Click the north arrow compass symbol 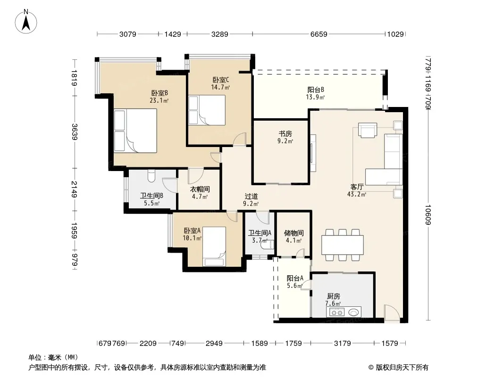pyautogui.click(x=26, y=22)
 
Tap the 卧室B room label pyautogui.click(x=159, y=93)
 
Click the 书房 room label pyautogui.click(x=285, y=133)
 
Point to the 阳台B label pyautogui.click(x=316, y=90)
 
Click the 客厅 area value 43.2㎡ pyautogui.click(x=357, y=194)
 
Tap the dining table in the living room pyautogui.click(x=343, y=245)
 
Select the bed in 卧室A pyautogui.click(x=214, y=246)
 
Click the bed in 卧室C pyautogui.click(x=207, y=110)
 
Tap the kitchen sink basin pyautogui.click(x=353, y=312)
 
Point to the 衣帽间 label pyautogui.click(x=200, y=189)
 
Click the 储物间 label pyautogui.click(x=294, y=233)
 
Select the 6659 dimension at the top pyautogui.click(x=319, y=34)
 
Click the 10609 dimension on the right pyautogui.click(x=428, y=214)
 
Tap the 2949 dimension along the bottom pyautogui.click(x=214, y=344)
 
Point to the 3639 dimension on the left pyautogui.click(x=74, y=131)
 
